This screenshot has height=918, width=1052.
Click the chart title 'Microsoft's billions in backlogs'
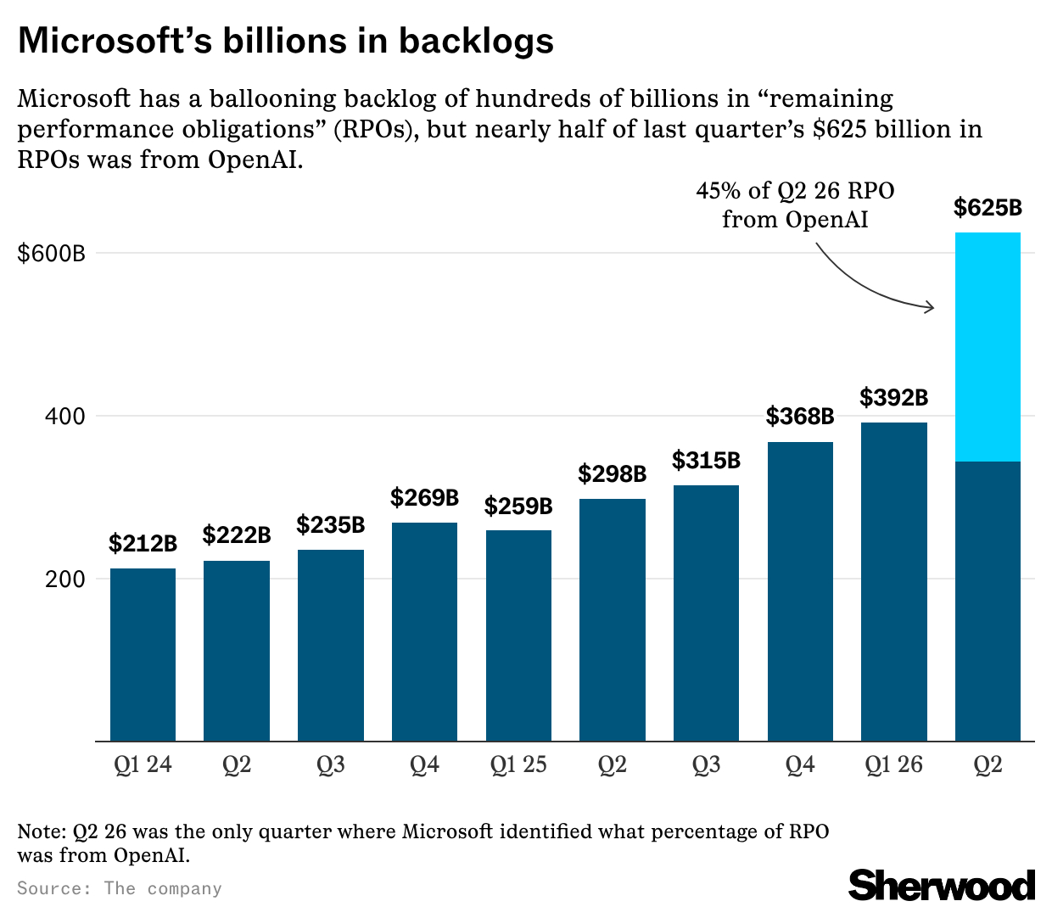click(286, 41)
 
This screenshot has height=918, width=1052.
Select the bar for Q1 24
click(143, 654)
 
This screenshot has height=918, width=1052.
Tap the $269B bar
click(424, 631)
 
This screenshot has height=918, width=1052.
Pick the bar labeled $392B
click(893, 581)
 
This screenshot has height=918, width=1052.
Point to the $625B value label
click(988, 208)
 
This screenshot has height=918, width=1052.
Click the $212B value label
click(143, 543)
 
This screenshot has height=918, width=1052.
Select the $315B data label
click(706, 461)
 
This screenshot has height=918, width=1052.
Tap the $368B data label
click(800, 417)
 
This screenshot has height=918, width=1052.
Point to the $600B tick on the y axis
click(51, 253)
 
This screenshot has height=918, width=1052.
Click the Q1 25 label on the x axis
click(518, 765)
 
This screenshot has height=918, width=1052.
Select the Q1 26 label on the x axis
click(893, 765)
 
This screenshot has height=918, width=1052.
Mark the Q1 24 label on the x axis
click(143, 765)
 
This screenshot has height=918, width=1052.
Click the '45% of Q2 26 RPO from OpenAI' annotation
click(795, 204)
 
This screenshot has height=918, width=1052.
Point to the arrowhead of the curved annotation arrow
click(932, 306)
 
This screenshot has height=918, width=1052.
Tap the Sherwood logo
click(942, 885)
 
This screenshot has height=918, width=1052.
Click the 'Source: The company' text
click(120, 888)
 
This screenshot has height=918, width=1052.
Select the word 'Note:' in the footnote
click(42, 831)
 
